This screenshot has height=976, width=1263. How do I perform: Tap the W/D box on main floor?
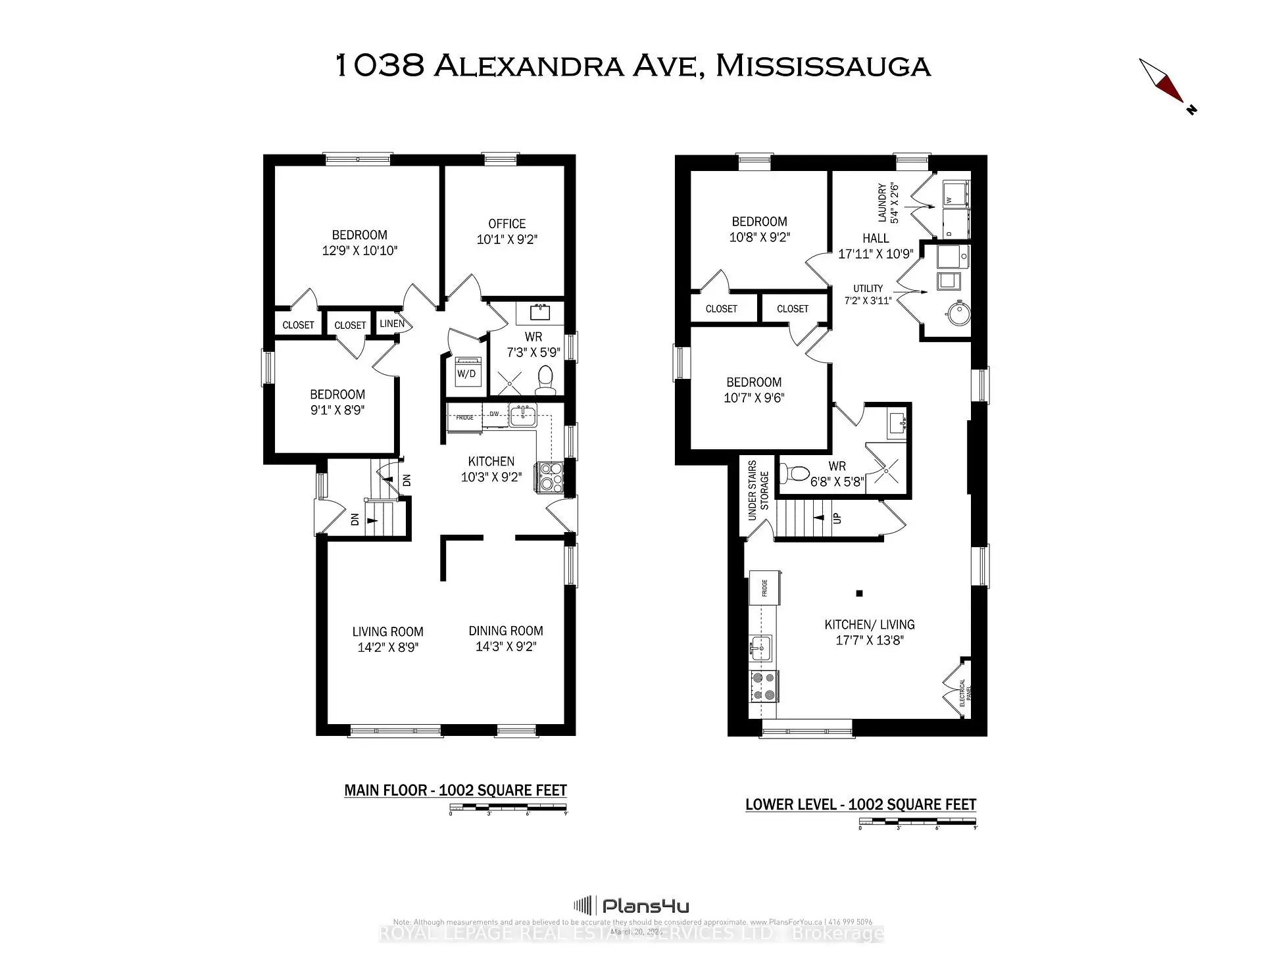pos(466,373)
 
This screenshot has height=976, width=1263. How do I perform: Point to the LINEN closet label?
pos(392,323)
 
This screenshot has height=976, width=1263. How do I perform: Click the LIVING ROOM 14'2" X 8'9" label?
pos(387,639)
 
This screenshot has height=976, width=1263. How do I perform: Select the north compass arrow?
pos(1166,84)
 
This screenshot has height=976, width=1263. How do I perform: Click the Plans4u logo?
pos(632,906)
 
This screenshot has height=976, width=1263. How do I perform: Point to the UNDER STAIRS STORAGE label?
pos(758,491)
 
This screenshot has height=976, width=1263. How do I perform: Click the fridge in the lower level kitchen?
pos(765,588)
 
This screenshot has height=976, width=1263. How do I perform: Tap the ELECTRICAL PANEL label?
pos(965,693)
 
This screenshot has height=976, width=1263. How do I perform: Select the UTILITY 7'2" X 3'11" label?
pos(868,294)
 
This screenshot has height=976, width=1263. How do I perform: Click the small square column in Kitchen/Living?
pos(859,593)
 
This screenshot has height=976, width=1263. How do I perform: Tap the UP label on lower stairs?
pos(837,518)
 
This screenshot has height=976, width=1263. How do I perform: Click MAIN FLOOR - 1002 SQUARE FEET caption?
pos(455,790)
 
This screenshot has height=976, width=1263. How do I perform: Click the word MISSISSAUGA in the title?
pos(822,66)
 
